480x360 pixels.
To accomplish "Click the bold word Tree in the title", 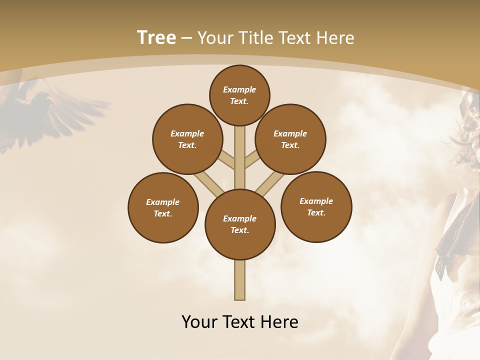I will point(156,37).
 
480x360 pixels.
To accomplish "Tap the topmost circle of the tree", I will point(239,95).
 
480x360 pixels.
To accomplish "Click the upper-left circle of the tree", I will point(187,139).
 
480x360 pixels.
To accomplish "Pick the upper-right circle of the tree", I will point(290,139).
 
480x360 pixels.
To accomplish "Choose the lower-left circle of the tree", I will point(163,207).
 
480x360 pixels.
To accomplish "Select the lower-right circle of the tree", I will point(316,206).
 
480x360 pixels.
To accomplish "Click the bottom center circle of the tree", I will point(240,224).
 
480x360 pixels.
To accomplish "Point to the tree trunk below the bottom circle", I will point(239,280).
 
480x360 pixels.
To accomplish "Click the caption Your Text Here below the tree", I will point(239,321).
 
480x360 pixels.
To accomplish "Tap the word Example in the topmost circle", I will point(239,89).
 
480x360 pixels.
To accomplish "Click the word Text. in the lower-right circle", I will point(316,212).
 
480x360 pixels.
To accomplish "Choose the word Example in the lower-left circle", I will point(163,202).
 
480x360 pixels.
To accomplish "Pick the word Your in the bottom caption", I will point(199,321).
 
